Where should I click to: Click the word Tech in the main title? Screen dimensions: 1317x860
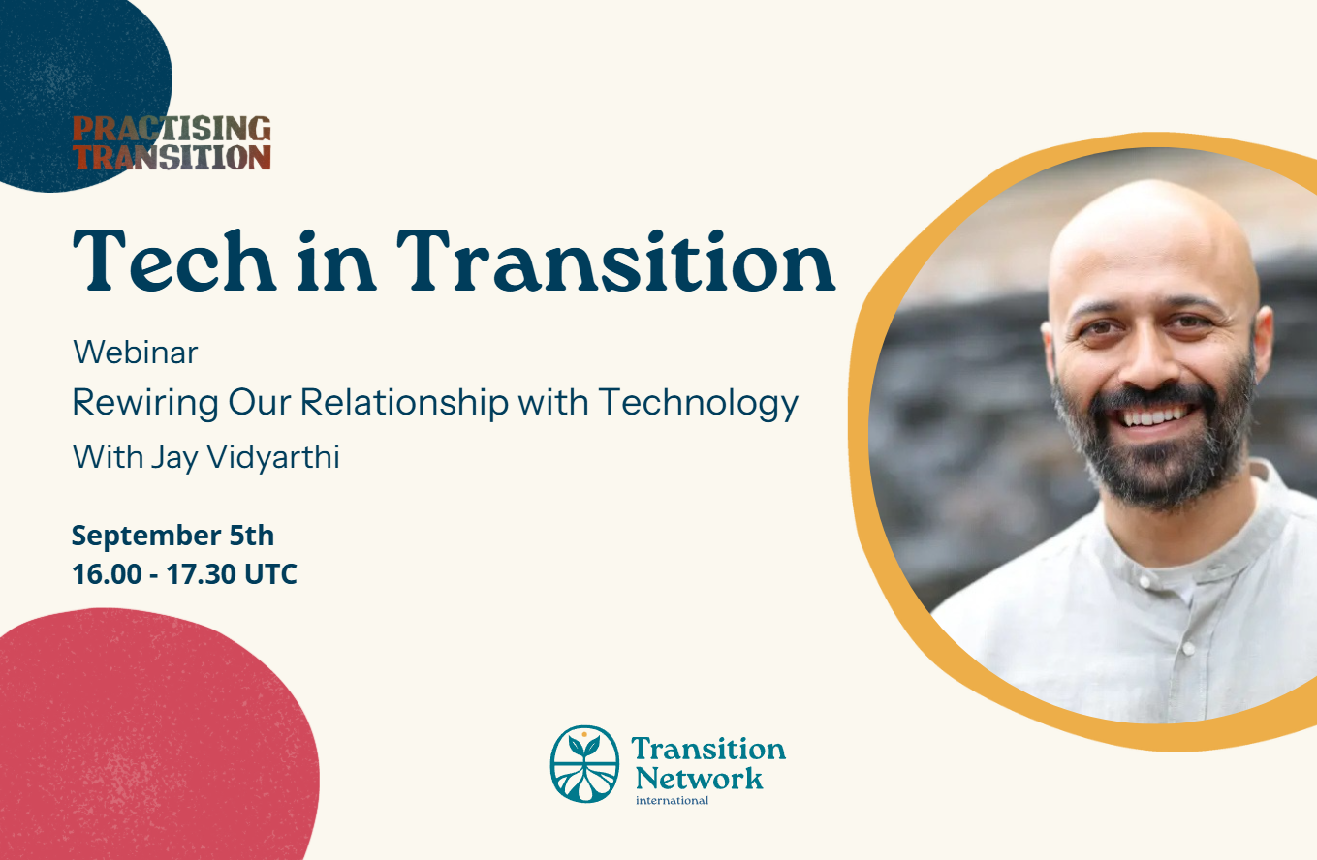click(x=174, y=261)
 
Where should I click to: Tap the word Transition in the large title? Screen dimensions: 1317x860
click(x=615, y=261)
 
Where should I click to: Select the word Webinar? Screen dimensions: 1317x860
click(x=136, y=353)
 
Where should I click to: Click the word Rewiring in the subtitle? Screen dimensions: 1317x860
click(x=145, y=404)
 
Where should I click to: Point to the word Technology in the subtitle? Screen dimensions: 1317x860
click(x=699, y=404)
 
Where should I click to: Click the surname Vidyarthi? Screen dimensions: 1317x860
click(x=273, y=457)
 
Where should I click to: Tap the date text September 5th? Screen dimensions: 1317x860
click(x=172, y=536)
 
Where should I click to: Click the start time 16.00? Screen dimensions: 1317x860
click(x=107, y=574)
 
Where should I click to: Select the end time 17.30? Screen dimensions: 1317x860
click(x=201, y=574)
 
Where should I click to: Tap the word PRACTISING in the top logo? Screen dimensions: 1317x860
click(x=172, y=129)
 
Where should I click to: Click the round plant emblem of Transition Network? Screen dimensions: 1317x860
click(x=584, y=764)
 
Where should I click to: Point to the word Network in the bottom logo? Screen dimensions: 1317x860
click(x=699, y=779)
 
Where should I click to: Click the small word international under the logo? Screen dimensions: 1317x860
click(x=672, y=801)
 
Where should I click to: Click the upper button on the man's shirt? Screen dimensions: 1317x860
click(x=1144, y=580)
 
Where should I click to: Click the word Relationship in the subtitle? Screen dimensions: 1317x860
click(x=404, y=404)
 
